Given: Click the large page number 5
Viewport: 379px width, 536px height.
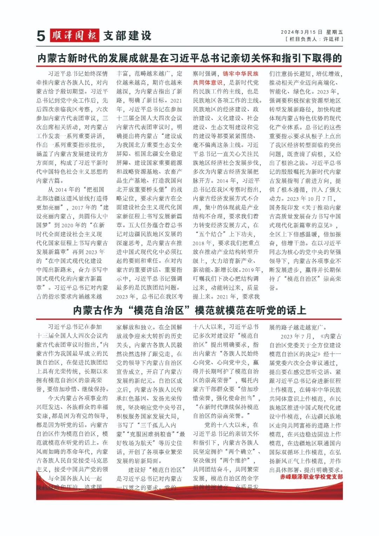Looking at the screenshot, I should point(41,36).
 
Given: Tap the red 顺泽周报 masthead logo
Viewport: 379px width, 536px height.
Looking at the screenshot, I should point(74,35).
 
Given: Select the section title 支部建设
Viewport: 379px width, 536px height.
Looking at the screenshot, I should point(127,35).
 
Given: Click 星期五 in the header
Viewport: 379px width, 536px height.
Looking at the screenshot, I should point(334,32).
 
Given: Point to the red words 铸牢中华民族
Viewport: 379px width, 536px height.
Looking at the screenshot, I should point(240,74).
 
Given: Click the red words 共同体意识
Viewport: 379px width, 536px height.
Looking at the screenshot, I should point(207,82).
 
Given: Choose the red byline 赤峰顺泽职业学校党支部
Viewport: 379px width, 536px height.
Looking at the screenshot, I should point(311,477).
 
